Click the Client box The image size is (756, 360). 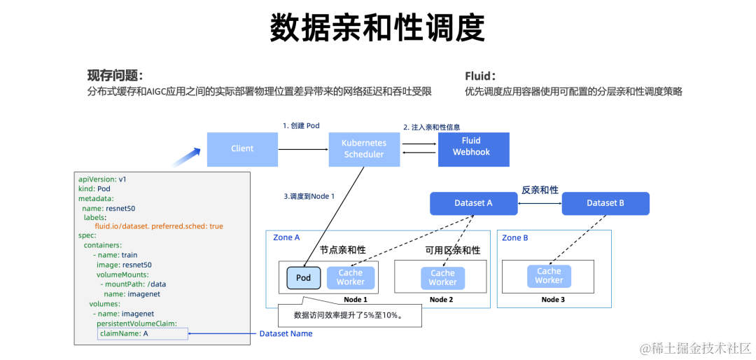click(242, 148)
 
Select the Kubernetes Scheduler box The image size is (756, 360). click(363, 148)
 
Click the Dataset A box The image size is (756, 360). click(473, 203)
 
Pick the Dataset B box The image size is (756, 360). click(605, 203)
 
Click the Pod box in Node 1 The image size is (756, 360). click(303, 278)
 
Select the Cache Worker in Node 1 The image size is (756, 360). click(351, 278)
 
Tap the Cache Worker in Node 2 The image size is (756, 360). click(442, 278)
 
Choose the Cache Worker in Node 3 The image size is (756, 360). click(549, 276)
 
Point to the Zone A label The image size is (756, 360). click(286, 238)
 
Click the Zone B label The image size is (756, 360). click(515, 238)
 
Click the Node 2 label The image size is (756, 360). click(441, 300)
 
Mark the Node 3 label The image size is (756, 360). click(553, 300)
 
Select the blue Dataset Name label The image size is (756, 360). click(286, 334)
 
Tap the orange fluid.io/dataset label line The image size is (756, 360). click(159, 226)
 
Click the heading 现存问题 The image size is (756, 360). click(115, 76)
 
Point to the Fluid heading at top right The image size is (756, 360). click(480, 76)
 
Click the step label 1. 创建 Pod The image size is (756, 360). click(301, 125)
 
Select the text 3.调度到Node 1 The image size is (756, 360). click(309, 196)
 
